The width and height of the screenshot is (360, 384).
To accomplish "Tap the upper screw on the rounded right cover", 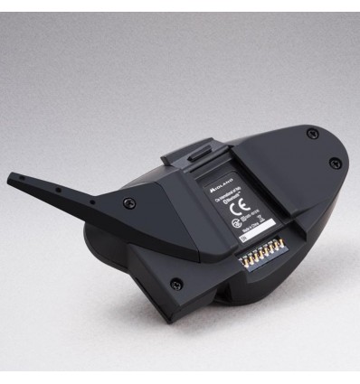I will point(312,133).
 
